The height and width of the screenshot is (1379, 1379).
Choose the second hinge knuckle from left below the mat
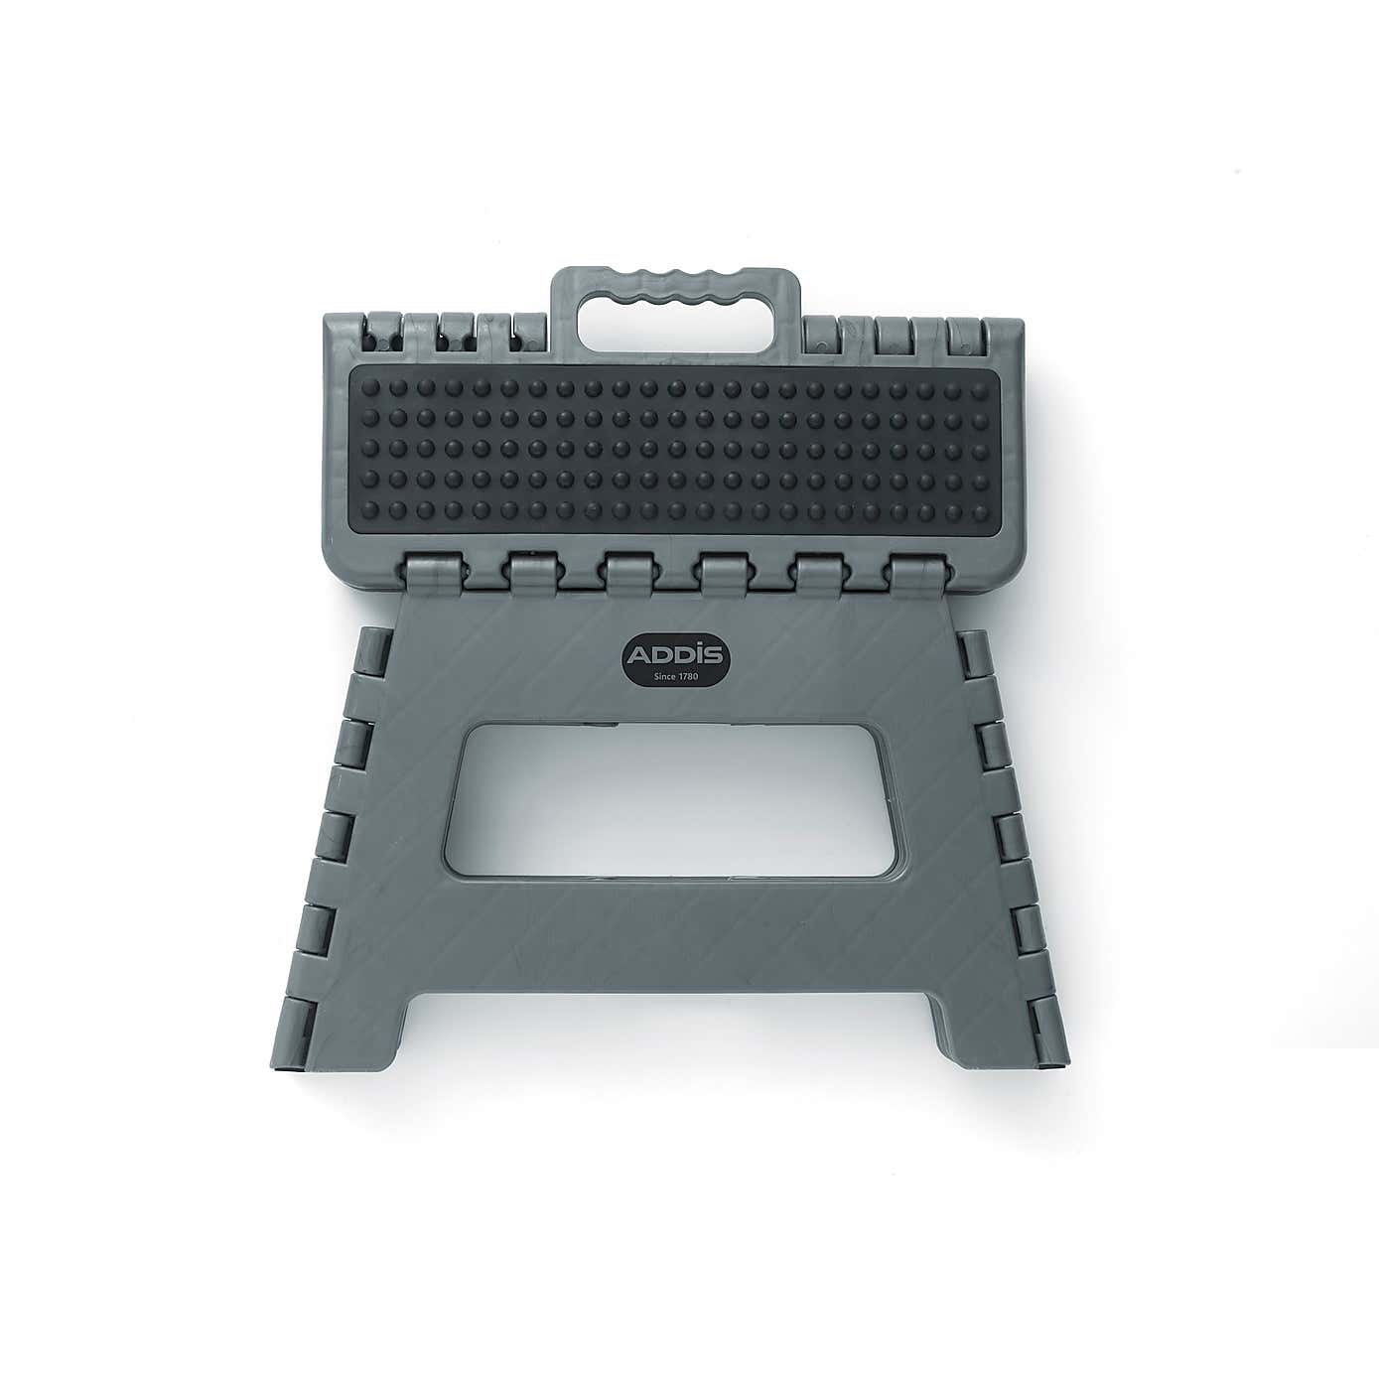pyautogui.click(x=529, y=574)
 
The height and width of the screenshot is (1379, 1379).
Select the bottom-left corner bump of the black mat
pyautogui.click(x=371, y=533)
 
